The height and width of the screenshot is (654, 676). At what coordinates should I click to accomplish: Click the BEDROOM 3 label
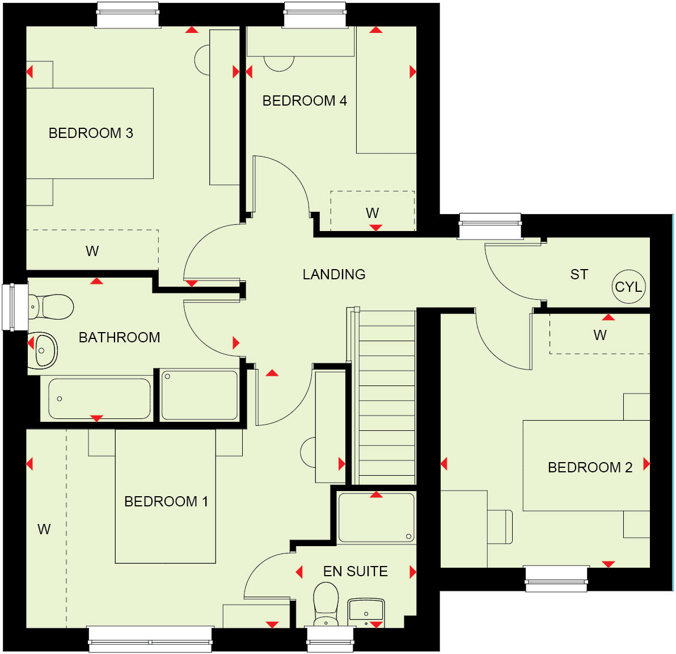91,133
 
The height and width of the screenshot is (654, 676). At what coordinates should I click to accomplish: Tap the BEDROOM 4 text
305,101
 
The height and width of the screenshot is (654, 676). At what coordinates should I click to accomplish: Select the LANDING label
333,275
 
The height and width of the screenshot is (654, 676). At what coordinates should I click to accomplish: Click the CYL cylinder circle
628,287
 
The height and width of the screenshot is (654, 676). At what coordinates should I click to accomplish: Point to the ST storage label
579,275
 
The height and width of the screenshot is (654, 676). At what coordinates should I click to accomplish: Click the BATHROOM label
119,338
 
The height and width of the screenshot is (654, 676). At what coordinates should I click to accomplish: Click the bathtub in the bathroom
99,399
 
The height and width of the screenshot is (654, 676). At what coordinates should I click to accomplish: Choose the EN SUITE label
356,572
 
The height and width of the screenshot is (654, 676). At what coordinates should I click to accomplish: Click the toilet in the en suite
326,605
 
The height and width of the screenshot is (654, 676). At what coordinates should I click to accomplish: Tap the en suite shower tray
376,518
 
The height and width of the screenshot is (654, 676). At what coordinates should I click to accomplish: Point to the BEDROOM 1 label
166,502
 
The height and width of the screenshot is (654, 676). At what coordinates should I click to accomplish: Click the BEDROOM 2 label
590,468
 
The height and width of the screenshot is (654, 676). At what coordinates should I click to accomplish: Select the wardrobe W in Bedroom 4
372,213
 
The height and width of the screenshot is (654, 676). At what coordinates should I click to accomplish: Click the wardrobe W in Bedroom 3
92,251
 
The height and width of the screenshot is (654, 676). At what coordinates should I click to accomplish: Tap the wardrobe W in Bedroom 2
599,335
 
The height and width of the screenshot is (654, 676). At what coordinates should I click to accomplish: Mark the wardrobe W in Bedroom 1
44,530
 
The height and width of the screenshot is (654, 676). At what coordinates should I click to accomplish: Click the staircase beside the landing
387,397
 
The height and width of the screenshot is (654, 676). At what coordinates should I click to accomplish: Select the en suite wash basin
366,612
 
